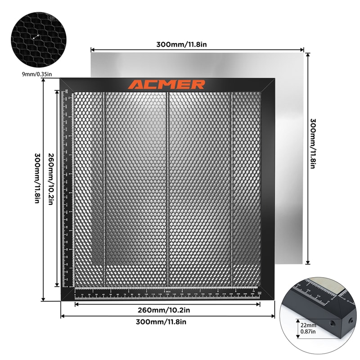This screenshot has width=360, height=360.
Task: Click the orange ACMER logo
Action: (166, 85)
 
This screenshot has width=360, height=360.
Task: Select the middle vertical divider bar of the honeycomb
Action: (167, 189)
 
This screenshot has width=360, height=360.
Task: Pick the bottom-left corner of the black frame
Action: (62, 299)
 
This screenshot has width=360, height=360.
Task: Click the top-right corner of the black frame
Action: (274, 79)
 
